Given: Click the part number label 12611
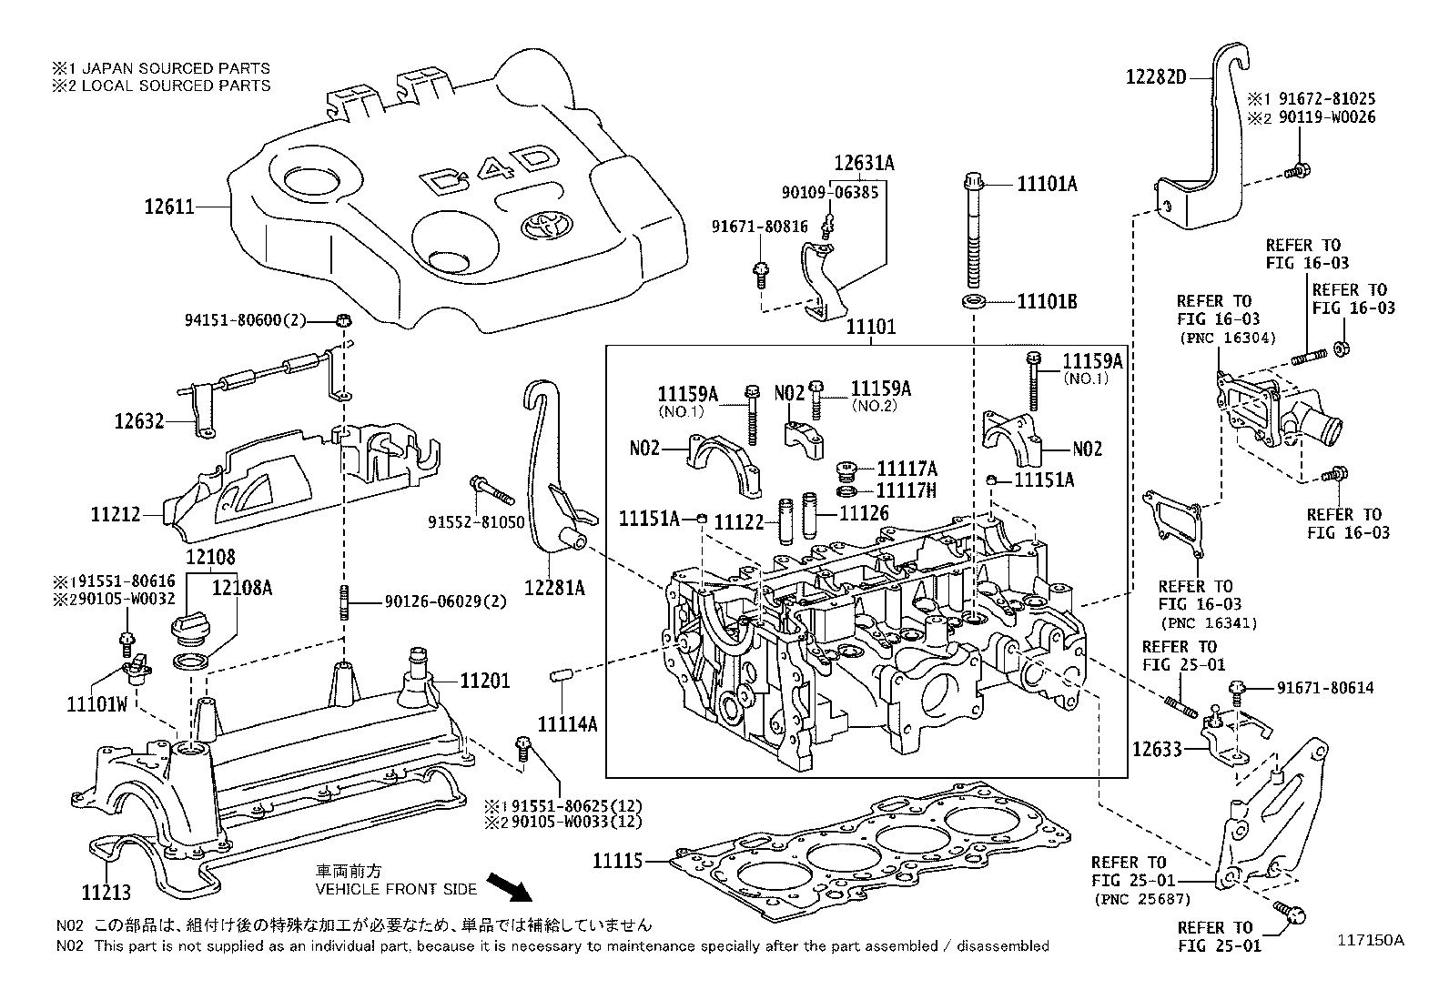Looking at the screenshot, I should [168, 207].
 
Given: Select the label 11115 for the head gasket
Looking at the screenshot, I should [619, 860].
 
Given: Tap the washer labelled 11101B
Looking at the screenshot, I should [975, 300].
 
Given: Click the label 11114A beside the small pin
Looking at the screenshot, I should [567, 724].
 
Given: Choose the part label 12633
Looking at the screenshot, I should [1157, 750].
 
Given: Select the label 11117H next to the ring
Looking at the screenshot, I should [907, 490].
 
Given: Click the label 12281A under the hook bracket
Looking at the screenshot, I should [553, 588].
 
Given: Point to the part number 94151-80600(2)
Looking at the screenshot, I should [245, 319].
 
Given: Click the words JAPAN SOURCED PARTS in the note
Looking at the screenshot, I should [178, 68].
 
